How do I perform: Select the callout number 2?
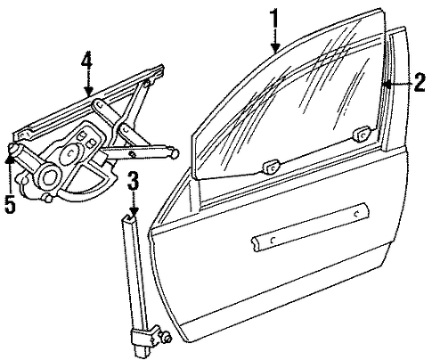click(420, 82)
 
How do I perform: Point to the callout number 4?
click(87, 66)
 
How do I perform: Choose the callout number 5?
click(10, 204)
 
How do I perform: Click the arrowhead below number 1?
click(275, 47)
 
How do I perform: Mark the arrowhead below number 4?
click(88, 91)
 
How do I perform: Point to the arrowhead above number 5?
click(10, 159)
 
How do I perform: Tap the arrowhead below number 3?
click(134, 211)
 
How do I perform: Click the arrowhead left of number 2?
click(386, 85)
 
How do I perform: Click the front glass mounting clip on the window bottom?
click(272, 166)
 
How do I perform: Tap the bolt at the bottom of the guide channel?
click(167, 336)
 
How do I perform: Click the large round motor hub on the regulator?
click(50, 177)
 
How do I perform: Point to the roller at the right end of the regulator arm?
click(175, 153)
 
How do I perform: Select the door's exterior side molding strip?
click(310, 227)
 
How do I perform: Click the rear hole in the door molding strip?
click(357, 213)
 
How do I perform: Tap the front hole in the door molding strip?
click(273, 240)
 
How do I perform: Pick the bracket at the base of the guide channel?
click(146, 337)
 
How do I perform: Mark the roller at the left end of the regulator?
click(14, 148)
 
